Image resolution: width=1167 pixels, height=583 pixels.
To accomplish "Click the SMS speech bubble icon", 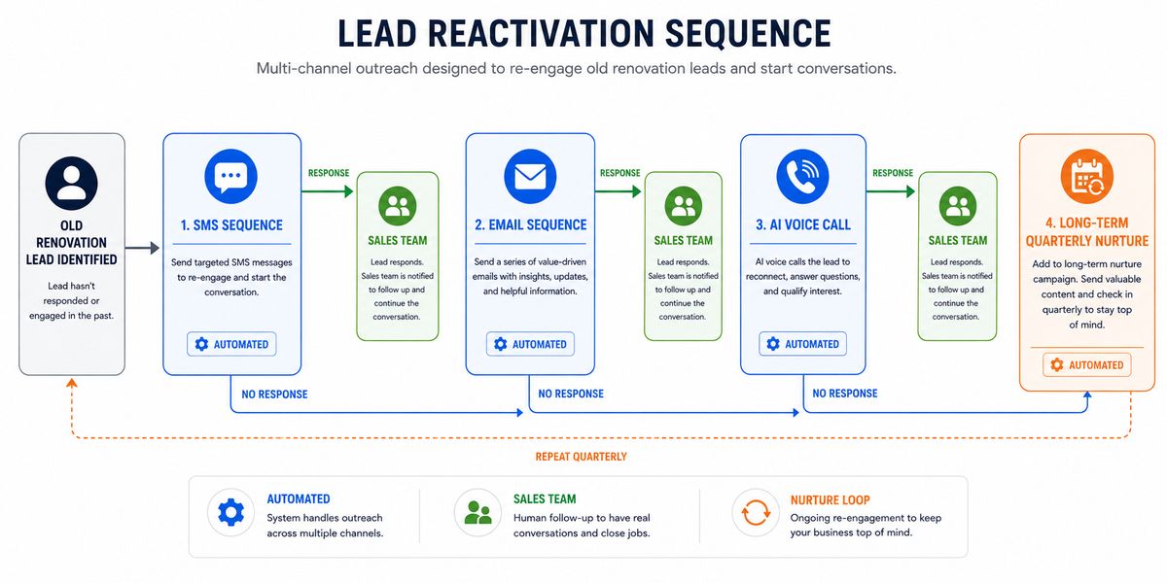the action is [x=230, y=176].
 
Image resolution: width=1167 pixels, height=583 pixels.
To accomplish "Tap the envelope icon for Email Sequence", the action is [x=530, y=176].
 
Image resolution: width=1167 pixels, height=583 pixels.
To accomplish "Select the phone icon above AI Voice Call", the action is [x=802, y=176].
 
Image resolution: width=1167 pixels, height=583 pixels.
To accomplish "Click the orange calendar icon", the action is [x=1087, y=177].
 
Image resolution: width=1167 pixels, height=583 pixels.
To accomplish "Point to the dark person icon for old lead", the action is [x=71, y=184].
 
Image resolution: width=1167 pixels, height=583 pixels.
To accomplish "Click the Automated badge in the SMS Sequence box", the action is [x=231, y=344].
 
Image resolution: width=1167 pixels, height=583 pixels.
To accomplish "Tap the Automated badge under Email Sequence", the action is [x=530, y=344].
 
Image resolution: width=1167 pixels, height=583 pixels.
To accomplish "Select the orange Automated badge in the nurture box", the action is [x=1087, y=365].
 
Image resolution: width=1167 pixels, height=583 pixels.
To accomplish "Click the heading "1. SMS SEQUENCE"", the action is [x=231, y=225].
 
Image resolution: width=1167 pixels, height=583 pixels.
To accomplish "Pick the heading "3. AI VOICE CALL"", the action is [x=803, y=224].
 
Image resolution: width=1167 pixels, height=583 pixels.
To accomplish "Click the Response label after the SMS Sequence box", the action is [x=329, y=173].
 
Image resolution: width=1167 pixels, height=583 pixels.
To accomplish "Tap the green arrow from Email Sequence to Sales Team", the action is [x=618, y=191].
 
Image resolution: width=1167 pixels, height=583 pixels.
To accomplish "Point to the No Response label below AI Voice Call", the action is [x=845, y=394].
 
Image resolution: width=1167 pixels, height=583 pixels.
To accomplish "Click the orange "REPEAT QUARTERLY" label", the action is [x=581, y=457].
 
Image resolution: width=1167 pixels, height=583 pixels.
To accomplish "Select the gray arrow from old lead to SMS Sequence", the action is [x=142, y=248].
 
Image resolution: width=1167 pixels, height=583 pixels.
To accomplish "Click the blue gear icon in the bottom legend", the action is [x=230, y=512].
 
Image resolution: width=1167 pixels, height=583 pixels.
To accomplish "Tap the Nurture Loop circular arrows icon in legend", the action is [x=756, y=513].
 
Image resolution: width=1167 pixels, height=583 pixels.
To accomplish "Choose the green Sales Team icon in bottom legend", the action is [x=477, y=512].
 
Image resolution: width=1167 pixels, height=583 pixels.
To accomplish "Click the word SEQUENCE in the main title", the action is [x=748, y=34].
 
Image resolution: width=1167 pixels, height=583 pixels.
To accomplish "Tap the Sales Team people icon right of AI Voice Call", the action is [x=958, y=206].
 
